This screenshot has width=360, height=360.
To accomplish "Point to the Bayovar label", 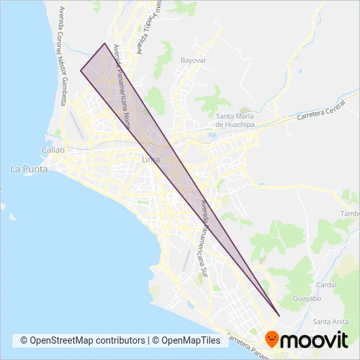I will [x=193, y=60].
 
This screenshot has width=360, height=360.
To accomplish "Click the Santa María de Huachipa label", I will [x=234, y=120].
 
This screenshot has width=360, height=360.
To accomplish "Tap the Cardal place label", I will [x=325, y=285].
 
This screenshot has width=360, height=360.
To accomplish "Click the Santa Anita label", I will [x=330, y=321].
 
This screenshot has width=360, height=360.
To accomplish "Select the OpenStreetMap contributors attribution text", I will [x=83, y=340].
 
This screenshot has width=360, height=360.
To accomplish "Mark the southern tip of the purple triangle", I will [x=279, y=316].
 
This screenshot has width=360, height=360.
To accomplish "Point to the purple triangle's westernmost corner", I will [x=81, y=70].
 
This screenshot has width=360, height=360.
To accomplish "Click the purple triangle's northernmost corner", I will [x=105, y=43].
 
